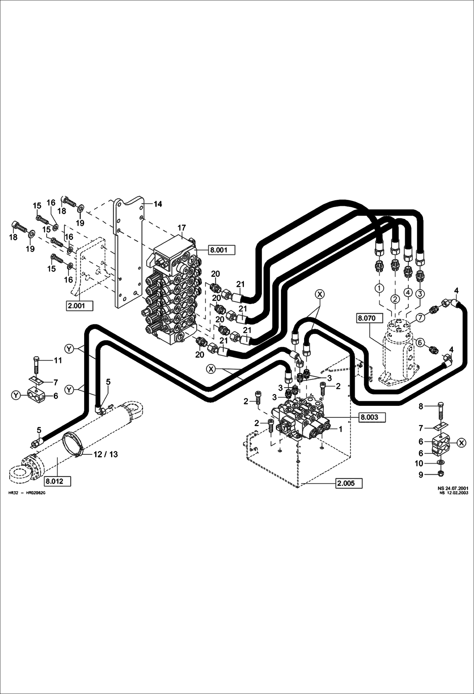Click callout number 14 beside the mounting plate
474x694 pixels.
(x=158, y=204)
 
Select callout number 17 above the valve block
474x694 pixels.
(x=182, y=227)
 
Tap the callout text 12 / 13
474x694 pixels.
(x=105, y=454)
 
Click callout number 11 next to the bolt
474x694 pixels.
(x=58, y=360)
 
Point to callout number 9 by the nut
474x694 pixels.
(x=421, y=474)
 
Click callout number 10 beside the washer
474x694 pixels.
(x=419, y=463)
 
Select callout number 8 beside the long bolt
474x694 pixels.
(x=421, y=406)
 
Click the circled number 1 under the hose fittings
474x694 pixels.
(x=379, y=288)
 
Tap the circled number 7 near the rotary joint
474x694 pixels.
(x=420, y=317)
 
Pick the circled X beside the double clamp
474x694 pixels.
(x=462, y=443)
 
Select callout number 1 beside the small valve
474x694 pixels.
(x=340, y=429)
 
